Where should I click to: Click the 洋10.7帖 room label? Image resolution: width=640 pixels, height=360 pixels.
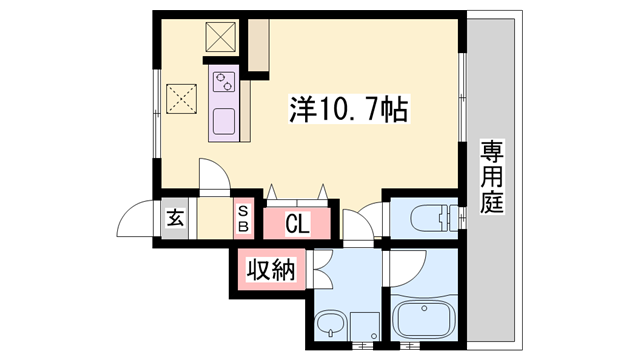point(349,107)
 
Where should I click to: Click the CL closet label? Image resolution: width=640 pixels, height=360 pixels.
point(297,223)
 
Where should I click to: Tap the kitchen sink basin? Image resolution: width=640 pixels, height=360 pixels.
point(223,122)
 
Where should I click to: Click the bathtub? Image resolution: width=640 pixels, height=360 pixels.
point(423,319)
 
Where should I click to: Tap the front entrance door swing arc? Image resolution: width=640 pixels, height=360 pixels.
point(137,219)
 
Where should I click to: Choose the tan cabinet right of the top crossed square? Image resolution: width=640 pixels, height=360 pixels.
point(258,46)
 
